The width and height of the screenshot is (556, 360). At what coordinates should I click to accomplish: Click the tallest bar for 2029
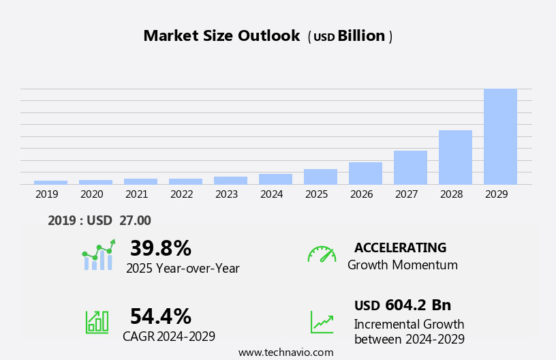point(500,136)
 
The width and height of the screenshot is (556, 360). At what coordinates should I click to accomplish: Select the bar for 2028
point(455,157)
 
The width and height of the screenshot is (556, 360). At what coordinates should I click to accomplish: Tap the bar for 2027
point(410,167)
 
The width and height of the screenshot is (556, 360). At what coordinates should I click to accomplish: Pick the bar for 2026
point(365,173)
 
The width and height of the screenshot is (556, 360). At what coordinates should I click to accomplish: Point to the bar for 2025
point(320,177)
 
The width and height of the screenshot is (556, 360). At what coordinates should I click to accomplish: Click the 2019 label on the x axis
point(47,194)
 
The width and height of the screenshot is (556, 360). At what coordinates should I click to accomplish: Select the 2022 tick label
point(182,194)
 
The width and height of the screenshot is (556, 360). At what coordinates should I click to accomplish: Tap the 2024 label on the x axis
point(272,194)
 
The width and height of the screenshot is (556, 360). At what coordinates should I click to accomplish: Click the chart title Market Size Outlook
point(221,36)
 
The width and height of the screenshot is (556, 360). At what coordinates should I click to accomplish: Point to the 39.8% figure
point(160,248)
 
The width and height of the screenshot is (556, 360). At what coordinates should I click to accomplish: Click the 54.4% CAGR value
point(160,316)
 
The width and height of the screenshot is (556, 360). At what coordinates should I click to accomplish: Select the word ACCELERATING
point(400,247)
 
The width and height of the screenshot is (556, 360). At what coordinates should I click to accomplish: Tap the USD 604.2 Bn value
point(403,305)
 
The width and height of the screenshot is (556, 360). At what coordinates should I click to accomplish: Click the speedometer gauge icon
point(322,254)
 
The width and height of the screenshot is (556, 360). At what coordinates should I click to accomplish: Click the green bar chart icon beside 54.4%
point(97,321)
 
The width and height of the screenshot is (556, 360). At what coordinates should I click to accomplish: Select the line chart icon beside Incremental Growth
point(322,322)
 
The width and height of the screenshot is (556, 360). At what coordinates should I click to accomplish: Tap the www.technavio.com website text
point(285,352)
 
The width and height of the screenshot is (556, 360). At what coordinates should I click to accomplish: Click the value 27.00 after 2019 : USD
point(136,220)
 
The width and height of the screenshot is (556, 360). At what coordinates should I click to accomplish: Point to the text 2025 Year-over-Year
point(183,269)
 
